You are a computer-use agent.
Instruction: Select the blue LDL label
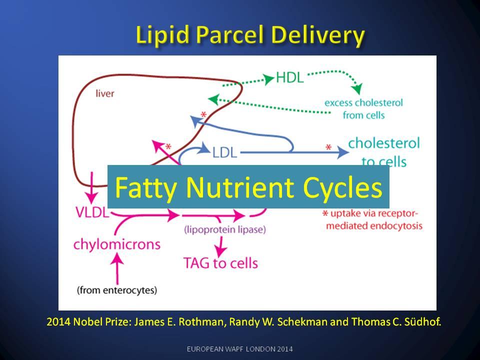[x=224, y=151]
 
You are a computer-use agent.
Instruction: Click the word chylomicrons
[x=117, y=244]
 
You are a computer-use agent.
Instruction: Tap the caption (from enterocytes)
[x=117, y=289]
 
